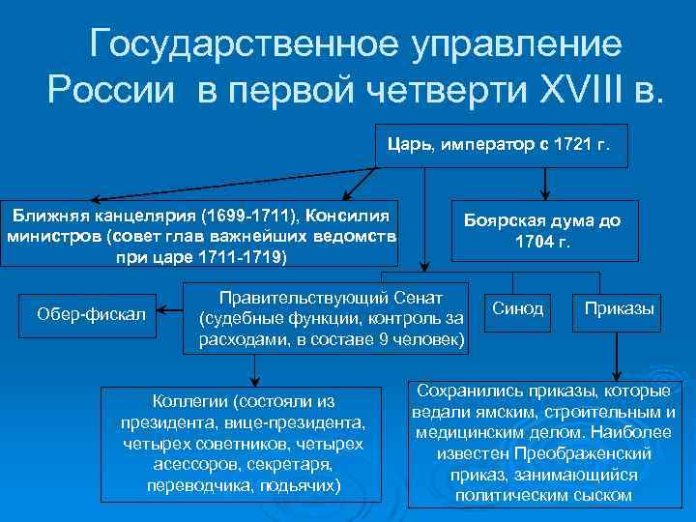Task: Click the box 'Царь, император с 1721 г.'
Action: pyautogui.click(x=499, y=146)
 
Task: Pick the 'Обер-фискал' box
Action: pyautogui.click(x=91, y=314)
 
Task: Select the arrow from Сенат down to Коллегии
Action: pyautogui.click(x=254, y=367)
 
